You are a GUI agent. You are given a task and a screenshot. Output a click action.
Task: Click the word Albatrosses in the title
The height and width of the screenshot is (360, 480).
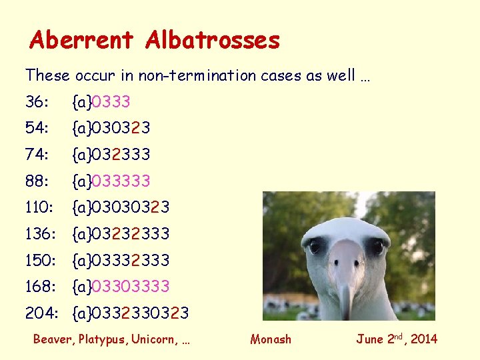(x=212, y=40)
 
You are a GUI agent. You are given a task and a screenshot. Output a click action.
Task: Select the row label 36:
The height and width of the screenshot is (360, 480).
(x=37, y=102)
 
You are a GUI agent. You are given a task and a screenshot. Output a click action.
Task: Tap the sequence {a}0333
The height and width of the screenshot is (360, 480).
(x=101, y=102)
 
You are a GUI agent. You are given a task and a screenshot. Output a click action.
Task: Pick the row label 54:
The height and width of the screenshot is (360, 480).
(x=37, y=128)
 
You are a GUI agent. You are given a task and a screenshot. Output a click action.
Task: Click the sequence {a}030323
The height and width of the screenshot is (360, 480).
(x=111, y=128)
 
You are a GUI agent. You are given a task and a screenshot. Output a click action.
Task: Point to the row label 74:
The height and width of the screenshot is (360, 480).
(x=37, y=155)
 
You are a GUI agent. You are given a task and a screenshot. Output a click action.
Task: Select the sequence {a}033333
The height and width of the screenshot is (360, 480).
(x=111, y=181)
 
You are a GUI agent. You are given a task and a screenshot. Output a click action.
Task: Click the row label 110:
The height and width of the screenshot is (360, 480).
(x=40, y=207)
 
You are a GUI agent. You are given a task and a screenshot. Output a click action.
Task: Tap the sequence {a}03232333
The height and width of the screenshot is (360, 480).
(x=121, y=234)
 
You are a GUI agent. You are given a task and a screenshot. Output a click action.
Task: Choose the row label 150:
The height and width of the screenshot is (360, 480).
(x=40, y=260)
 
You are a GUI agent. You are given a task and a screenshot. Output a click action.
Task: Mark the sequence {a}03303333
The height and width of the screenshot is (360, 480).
(x=121, y=287)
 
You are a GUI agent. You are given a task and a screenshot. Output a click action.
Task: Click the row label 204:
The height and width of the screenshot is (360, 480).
(x=40, y=313)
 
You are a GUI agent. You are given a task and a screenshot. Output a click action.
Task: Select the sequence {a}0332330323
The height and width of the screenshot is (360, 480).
(x=131, y=313)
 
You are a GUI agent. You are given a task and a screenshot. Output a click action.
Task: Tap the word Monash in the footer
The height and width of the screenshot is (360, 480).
(x=271, y=339)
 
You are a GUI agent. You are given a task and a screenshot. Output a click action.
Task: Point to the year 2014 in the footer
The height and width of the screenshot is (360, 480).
(x=423, y=339)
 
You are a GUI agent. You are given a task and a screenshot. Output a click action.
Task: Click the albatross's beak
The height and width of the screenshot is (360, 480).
(x=345, y=280)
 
